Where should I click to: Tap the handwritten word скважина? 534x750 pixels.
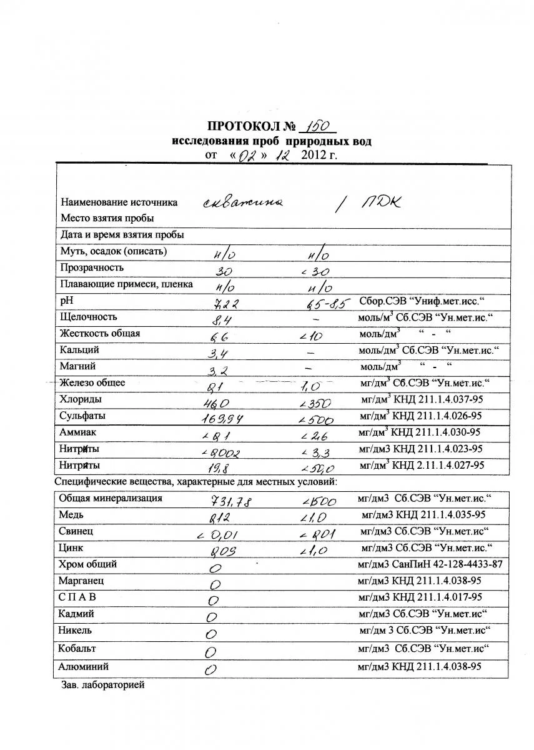[244, 203]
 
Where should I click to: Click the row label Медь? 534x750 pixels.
[71, 515]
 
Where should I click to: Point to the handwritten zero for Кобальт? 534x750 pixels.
[211, 651]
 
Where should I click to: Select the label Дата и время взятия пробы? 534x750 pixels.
[122, 235]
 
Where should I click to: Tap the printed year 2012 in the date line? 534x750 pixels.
[316, 155]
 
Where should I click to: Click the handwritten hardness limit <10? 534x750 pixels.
[310, 336]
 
